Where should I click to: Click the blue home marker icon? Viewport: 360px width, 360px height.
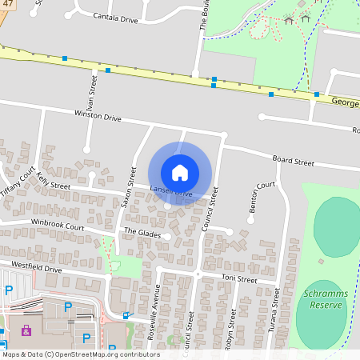click(180, 172)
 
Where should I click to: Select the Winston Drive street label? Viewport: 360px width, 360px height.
click(97, 117)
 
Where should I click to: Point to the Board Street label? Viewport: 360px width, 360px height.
click(293, 161)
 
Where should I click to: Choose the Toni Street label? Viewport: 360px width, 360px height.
click(238, 281)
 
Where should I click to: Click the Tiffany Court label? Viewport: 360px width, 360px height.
click(18, 185)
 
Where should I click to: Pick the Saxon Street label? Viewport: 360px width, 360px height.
click(129, 187)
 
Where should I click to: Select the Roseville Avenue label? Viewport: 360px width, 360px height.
click(155, 314)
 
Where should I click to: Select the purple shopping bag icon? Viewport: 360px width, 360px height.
click(26, 329)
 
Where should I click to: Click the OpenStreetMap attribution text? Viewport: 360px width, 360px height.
click(80, 354)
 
